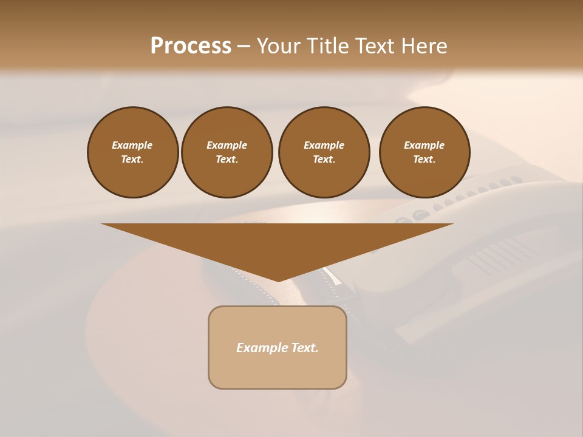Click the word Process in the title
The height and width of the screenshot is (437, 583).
(191, 46)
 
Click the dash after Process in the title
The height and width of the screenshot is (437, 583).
(244, 47)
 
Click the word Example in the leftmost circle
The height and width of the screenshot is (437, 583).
(132, 145)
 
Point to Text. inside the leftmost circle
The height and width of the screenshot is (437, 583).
(132, 159)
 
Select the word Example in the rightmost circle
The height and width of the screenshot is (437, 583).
(424, 145)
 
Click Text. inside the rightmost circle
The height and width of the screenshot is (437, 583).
(424, 159)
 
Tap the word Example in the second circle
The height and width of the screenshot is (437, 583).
(227, 145)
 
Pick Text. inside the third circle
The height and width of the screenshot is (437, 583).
(324, 159)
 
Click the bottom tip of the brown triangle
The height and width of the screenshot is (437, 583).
(278, 280)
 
